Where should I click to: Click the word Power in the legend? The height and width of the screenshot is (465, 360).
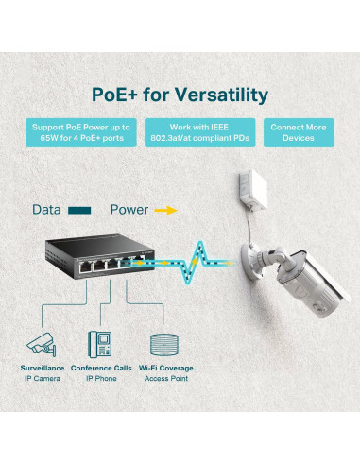click(x=129, y=209)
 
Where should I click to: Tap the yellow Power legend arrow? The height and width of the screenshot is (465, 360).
click(x=166, y=210)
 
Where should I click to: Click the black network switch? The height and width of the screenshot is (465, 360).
click(x=97, y=257)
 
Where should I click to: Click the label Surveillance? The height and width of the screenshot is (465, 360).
click(x=43, y=368)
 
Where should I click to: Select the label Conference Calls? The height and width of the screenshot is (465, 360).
click(x=101, y=368)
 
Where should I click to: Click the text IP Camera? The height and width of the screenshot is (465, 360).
click(x=42, y=379)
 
